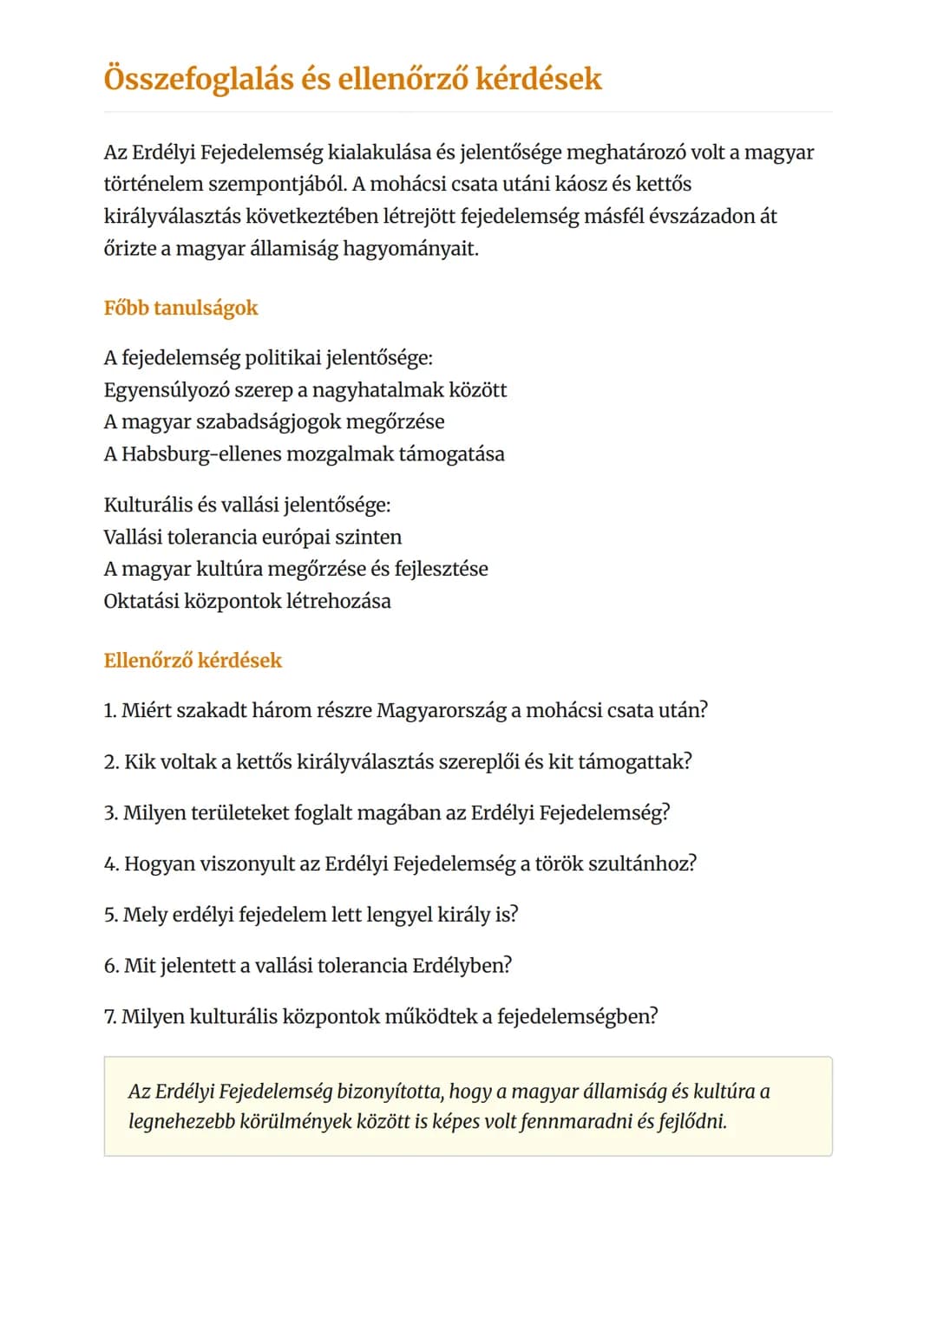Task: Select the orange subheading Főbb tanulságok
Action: coord(180,308)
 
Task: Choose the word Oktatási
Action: coord(141,601)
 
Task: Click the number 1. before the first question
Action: coord(109,711)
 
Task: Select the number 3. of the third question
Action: coord(110,813)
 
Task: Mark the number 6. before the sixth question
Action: coord(111,966)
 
